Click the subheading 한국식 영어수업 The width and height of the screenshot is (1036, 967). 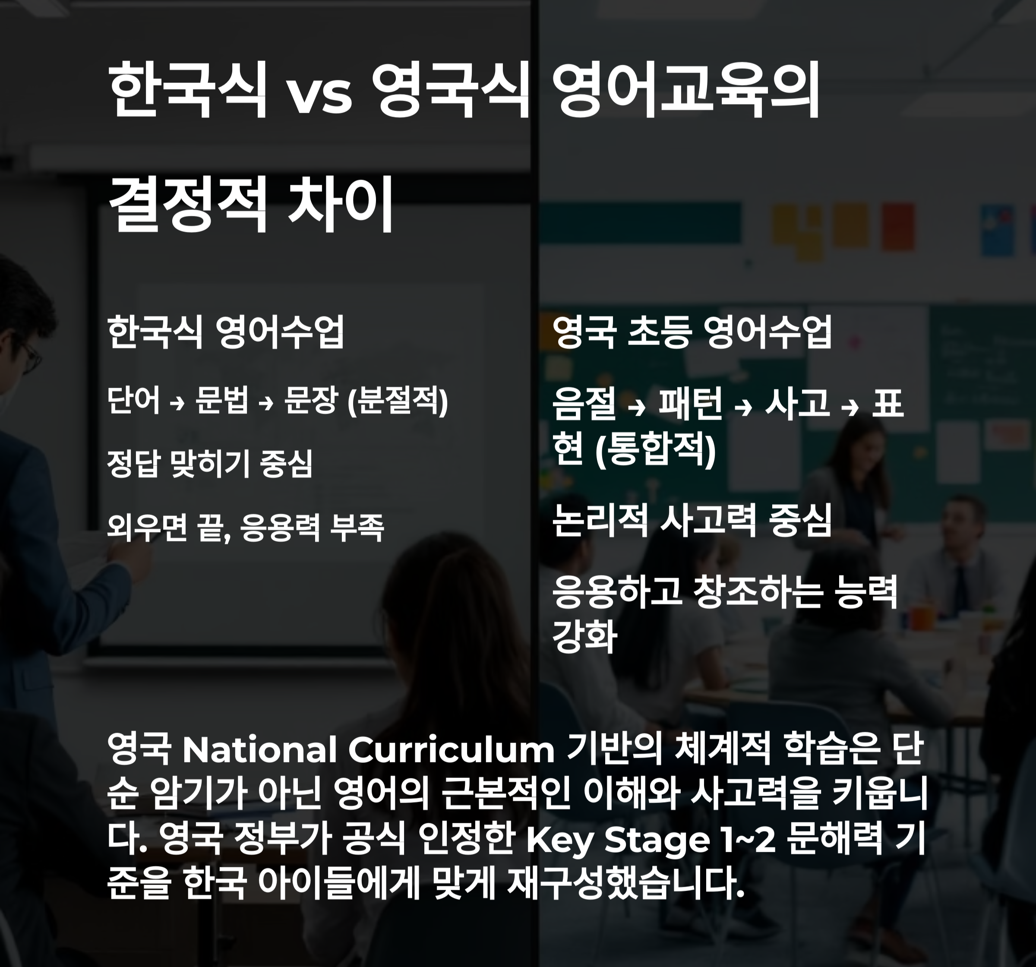coord(226,332)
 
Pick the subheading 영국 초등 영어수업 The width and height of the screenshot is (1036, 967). coord(692,332)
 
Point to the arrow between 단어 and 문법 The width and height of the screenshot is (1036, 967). coord(178,402)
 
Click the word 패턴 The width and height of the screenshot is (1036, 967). coord(690,404)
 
